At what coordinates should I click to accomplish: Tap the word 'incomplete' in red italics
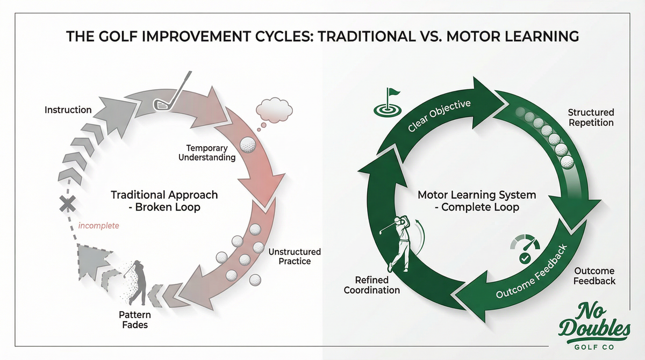pos(98,226)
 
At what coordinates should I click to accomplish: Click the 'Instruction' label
pos(68,110)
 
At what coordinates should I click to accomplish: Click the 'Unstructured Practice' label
pos(295,256)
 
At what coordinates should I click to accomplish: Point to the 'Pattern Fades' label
pos(134,320)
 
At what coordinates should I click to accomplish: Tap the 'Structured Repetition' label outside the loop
pos(591,118)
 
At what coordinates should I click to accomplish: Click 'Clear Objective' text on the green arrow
pos(439,115)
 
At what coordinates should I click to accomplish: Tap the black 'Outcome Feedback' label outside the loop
pos(594,276)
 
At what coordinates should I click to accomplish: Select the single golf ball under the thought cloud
pos(248,145)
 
